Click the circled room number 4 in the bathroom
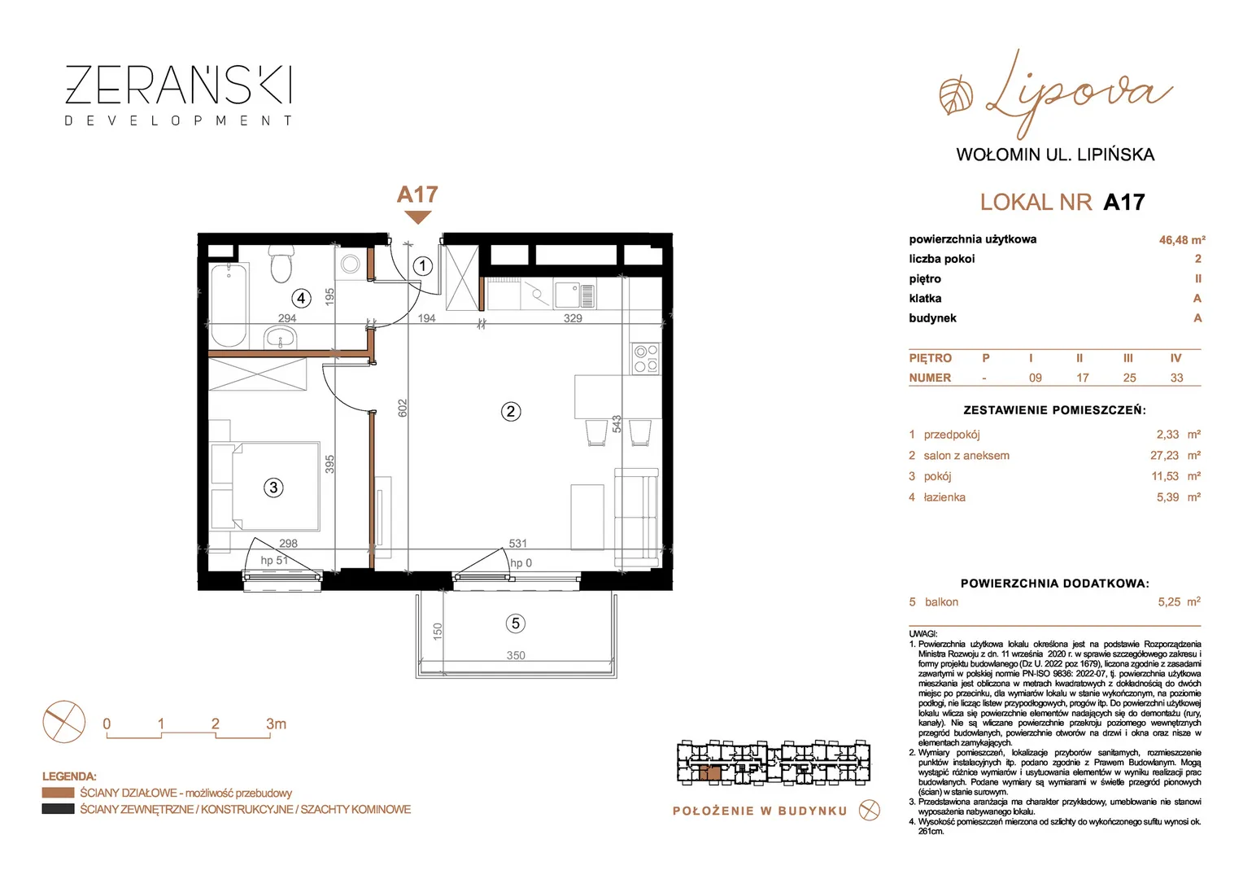click(301, 299)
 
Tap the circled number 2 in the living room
click(511, 412)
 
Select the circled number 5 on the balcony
click(516, 623)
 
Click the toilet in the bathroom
click(281, 265)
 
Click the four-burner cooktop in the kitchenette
click(646, 358)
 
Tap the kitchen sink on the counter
click(575, 295)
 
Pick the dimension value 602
click(403, 408)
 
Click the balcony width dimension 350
click(516, 655)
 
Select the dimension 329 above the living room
click(573, 318)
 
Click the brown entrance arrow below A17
click(418, 217)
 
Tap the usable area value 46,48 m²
click(1182, 240)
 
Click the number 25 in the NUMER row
click(1129, 378)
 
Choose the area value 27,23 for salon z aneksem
click(1164, 455)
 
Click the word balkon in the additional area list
click(941, 602)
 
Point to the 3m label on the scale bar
click(276, 724)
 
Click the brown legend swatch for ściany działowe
click(59, 793)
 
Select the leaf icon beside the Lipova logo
click(956, 96)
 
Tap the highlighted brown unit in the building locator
click(709, 773)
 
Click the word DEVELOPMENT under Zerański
click(179, 120)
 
